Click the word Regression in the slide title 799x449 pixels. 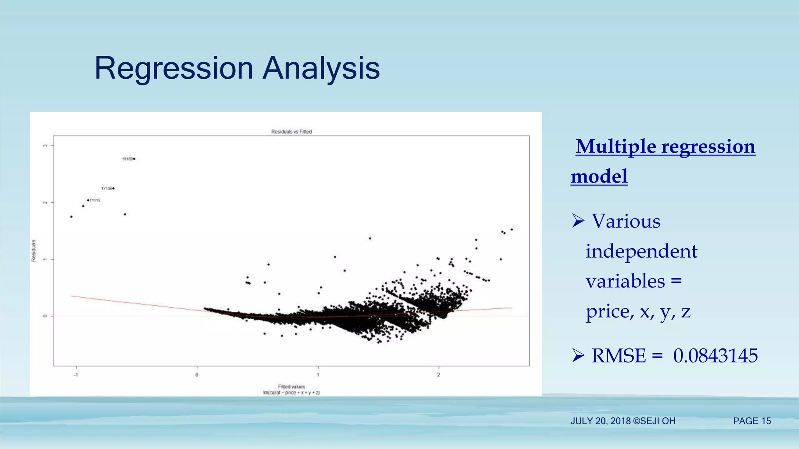click(x=174, y=69)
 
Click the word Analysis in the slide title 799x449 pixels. click(x=321, y=69)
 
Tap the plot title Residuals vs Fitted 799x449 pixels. click(x=291, y=132)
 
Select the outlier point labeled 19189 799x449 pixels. click(x=134, y=159)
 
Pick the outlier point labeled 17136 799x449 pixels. click(x=113, y=188)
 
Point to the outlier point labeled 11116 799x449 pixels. click(x=88, y=200)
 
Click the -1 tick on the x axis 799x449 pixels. click(x=76, y=375)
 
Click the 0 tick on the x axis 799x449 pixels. click(x=197, y=375)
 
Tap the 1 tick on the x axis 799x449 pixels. click(x=318, y=375)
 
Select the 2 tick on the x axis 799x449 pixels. click(x=439, y=375)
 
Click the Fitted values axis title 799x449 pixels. click(x=291, y=387)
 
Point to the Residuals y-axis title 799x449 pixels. click(x=34, y=250)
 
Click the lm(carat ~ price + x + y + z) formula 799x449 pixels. click(x=291, y=392)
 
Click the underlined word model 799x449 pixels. click(x=599, y=176)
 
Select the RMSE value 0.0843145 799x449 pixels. click(x=715, y=355)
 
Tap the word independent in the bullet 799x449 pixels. click(x=641, y=251)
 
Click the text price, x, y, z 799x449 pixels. click(x=638, y=311)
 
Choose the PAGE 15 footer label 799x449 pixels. click(x=752, y=421)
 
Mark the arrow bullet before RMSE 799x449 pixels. click(x=578, y=355)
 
